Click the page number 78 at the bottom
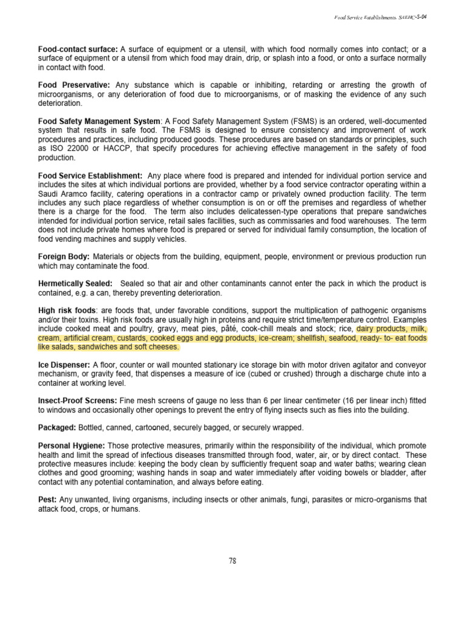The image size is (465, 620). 232,561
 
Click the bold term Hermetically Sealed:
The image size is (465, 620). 75,283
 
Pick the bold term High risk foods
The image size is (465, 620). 63,311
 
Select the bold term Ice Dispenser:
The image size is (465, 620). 64,365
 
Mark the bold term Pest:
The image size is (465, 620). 47,500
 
